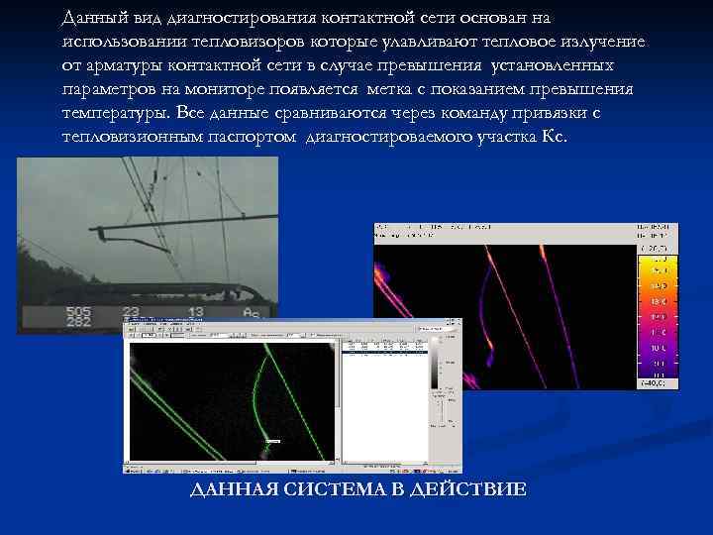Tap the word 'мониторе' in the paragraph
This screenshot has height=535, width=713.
click(234, 89)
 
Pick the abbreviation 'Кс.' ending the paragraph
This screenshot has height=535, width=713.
click(556, 137)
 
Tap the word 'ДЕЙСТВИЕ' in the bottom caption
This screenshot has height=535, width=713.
click(469, 490)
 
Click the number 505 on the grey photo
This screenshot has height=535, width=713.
click(79, 311)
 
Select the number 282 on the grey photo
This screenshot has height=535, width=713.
click(79, 323)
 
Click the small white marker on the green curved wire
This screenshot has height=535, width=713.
click(274, 441)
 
